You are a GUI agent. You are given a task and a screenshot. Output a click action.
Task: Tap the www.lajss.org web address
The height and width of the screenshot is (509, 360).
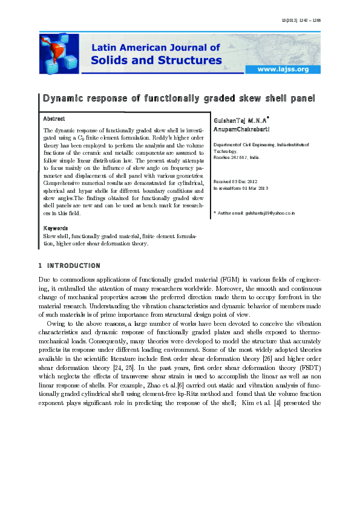click(x=283, y=70)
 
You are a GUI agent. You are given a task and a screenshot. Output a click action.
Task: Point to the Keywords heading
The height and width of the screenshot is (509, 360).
click(x=55, y=229)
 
